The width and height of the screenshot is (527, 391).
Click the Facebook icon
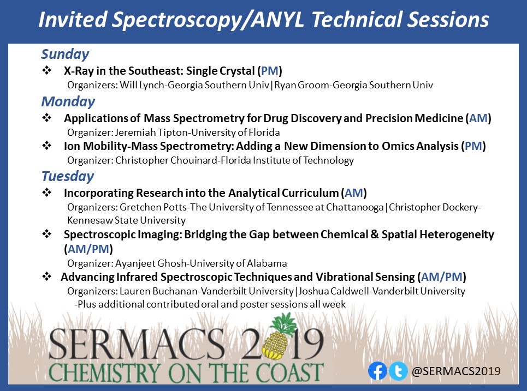(377, 371)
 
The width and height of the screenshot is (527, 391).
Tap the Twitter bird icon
(398, 371)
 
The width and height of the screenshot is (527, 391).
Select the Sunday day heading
(65, 54)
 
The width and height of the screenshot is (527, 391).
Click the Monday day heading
(68, 101)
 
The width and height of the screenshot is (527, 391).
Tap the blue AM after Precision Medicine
(477, 118)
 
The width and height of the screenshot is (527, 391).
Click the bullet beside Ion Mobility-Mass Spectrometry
(48, 146)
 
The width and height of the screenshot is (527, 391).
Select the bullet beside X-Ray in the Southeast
(48, 71)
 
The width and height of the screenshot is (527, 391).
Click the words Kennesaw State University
(126, 220)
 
